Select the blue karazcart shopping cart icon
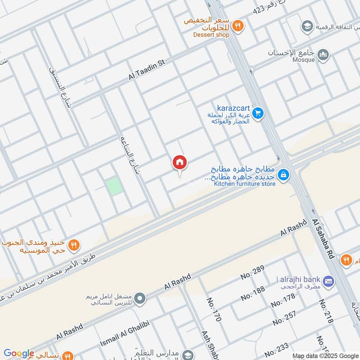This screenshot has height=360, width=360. tap(257, 113)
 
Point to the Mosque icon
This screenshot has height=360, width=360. tap(323, 55)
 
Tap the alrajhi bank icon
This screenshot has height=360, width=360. tap(328, 281)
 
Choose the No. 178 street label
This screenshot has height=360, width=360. tap(283, 300)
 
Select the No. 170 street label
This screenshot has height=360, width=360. tap(214, 310)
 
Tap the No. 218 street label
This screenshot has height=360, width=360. tap(326, 311)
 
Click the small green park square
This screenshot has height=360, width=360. tap(114, 186)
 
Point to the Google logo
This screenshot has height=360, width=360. tap(19, 353)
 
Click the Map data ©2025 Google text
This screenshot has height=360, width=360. tap(325, 356)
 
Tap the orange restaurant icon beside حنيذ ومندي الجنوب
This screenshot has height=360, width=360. tap(74, 245)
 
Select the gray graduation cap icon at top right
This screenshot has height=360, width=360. tap(307, 26)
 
